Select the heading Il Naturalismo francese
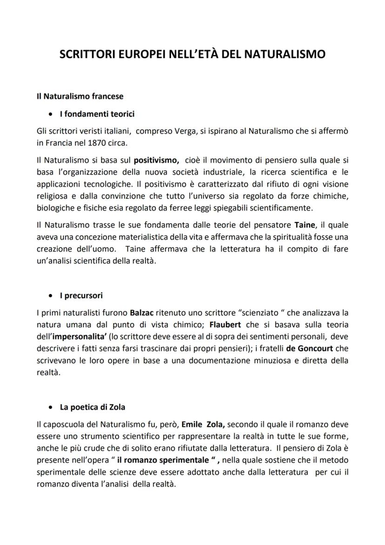point(80,96)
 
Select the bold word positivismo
point(156,161)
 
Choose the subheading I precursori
point(81,296)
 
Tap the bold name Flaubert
point(225,324)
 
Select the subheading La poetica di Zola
point(93,407)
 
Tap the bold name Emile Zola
point(203,424)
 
